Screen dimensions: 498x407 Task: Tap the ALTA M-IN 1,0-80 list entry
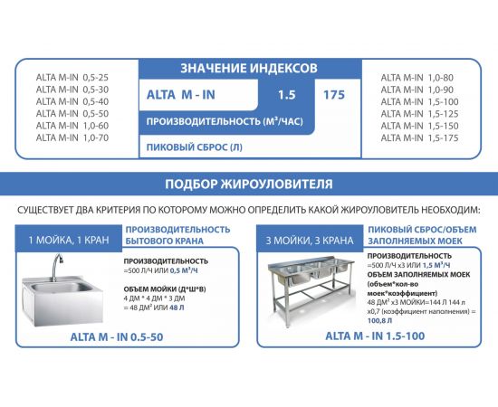(x=416, y=77)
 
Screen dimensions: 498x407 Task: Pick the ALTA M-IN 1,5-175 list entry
(x=416, y=137)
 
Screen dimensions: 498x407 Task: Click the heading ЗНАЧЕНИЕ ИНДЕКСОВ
(x=249, y=68)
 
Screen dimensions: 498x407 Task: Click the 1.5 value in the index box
(x=287, y=94)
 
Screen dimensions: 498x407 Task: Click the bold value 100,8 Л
(x=379, y=319)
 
